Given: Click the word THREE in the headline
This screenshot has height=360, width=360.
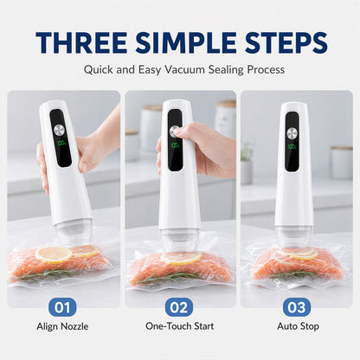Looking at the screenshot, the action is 81,42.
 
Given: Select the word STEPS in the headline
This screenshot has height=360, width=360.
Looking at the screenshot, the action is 286,42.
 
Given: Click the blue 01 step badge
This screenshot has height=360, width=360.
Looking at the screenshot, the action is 62,307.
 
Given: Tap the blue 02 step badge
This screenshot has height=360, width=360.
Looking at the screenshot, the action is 179,307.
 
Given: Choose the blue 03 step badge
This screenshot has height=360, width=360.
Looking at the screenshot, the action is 297,307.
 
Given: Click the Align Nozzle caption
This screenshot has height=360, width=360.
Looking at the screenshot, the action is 62,326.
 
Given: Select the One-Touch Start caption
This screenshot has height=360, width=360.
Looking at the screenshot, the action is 180,326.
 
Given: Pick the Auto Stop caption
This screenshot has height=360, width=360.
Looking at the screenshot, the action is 298,326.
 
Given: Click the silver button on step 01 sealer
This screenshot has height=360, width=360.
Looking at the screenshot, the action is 60,130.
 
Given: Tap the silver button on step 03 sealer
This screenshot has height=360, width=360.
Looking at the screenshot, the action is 292,133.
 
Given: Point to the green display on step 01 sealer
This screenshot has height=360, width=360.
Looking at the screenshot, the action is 61,143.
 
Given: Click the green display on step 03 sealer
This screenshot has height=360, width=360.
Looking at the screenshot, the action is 292,146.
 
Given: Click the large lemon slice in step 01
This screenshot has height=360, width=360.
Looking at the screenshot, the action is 54,254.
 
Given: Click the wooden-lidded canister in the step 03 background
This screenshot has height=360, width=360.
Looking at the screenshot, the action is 342,162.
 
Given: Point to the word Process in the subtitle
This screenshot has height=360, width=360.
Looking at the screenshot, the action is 266,70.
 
